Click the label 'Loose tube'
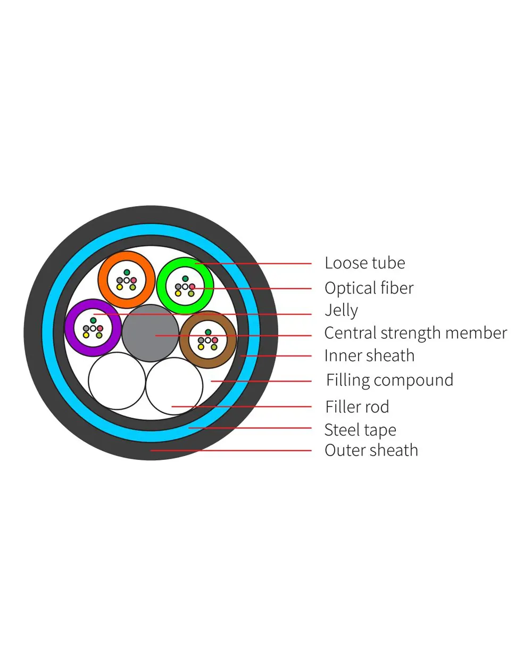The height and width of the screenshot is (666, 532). (364, 263)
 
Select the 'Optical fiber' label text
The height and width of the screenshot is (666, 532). (369, 288)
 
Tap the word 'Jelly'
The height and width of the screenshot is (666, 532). (341, 310)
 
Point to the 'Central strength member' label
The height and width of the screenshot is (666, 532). (415, 333)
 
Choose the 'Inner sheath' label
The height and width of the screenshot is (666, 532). (369, 355)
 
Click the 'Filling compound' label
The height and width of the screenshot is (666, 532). (389, 380)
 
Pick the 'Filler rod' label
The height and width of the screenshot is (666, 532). (357, 407)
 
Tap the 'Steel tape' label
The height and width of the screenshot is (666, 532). (360, 429)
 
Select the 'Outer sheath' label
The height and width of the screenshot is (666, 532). (371, 450)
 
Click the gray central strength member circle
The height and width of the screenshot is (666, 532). (150, 334)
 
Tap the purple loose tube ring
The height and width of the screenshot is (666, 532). (71, 328)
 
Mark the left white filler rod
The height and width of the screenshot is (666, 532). (117, 381)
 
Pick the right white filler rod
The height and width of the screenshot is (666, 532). (174, 387)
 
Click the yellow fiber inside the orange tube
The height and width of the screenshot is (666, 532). (120, 287)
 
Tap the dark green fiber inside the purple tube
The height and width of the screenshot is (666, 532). (93, 320)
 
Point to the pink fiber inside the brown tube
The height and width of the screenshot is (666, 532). (215, 340)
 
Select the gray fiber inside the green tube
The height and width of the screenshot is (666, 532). (178, 287)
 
